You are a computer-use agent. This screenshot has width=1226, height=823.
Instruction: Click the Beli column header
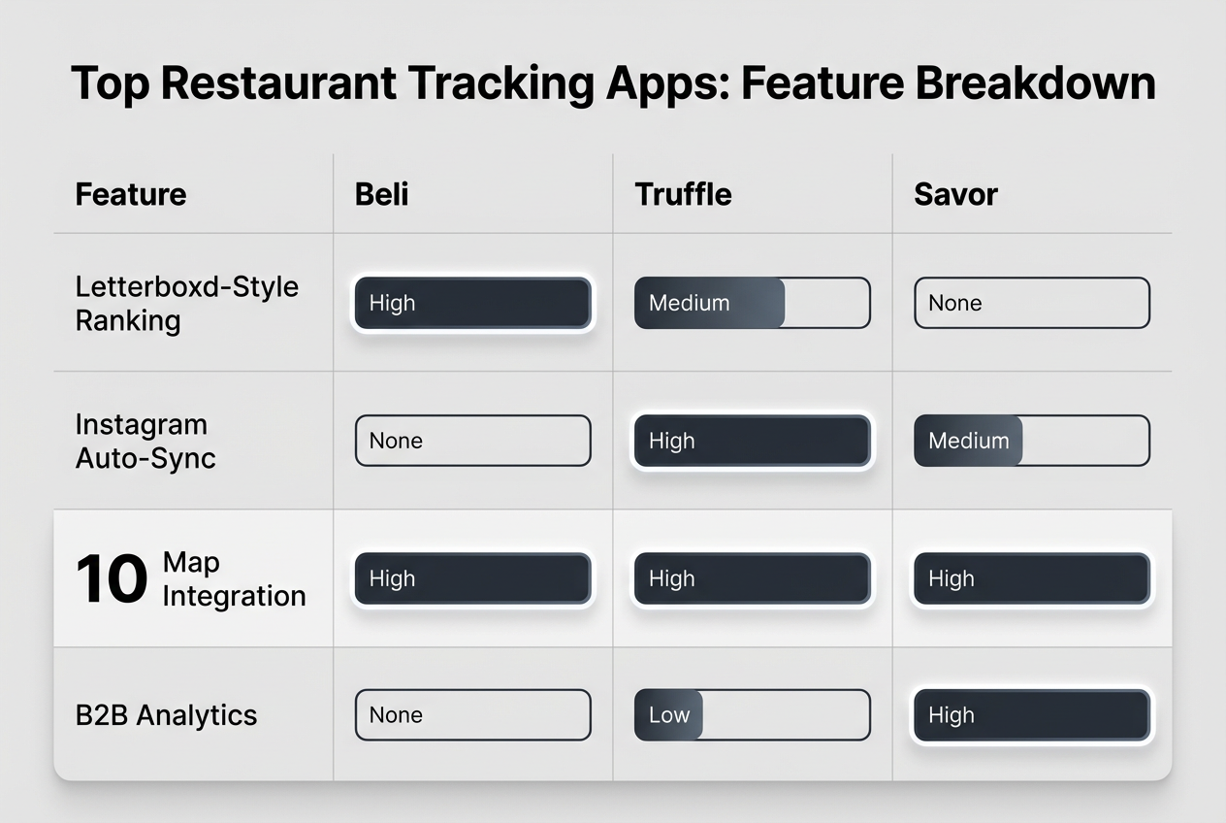point(382,194)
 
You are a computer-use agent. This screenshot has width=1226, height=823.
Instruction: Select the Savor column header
point(955,194)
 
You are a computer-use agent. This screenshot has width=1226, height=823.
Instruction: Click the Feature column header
point(130,194)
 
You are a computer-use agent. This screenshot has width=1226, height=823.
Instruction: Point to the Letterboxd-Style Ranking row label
point(187,303)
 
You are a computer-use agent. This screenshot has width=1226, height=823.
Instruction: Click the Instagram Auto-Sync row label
point(145,441)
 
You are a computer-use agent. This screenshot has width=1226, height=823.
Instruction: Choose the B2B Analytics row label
point(166,715)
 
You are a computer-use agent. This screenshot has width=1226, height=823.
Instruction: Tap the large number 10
point(112,579)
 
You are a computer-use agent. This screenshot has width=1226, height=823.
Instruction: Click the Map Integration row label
point(234,578)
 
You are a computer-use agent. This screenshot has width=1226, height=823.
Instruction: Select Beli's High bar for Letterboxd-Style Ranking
point(472,303)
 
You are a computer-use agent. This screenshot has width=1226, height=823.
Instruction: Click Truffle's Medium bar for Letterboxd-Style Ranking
point(752,303)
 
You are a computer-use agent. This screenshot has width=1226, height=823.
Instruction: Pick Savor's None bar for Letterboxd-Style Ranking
point(1031,303)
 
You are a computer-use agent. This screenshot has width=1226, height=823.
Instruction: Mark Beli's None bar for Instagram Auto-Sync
point(472,441)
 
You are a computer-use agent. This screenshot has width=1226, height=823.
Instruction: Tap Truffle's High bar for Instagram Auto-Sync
point(752,441)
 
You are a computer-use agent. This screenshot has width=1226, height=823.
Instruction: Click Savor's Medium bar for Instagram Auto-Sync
point(1031,441)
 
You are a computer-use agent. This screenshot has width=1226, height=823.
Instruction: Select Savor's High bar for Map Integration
point(1031,578)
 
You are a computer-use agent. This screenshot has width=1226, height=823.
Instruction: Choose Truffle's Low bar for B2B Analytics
point(752,715)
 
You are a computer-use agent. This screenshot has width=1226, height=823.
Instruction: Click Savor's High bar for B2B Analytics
point(1031,715)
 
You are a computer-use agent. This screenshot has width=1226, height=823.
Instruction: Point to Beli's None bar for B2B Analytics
point(472,715)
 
